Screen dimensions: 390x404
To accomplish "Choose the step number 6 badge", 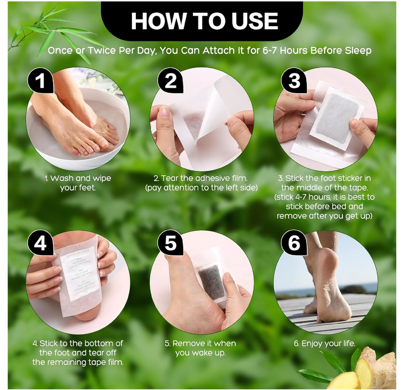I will coord(294,244).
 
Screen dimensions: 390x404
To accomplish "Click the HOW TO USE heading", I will coord(204,21).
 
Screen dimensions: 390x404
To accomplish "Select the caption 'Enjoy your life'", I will coord(325,344).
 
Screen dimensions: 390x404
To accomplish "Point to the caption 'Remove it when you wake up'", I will coord(200,348).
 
